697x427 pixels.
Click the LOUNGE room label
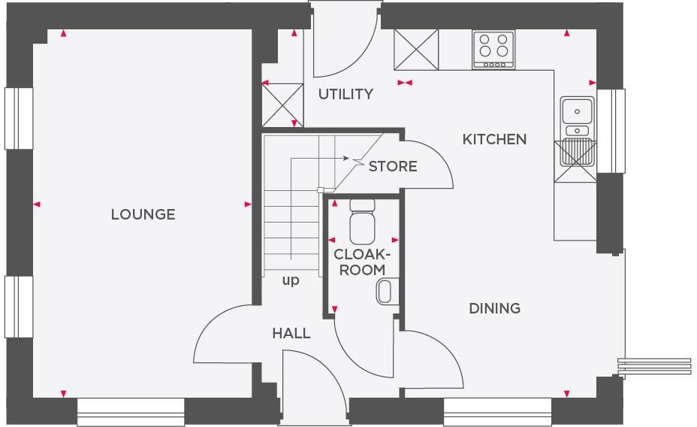[x=143, y=214]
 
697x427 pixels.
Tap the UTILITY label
[x=345, y=94]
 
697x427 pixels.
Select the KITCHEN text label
[x=494, y=139]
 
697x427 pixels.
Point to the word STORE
[x=392, y=166]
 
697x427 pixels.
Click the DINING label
[x=494, y=308]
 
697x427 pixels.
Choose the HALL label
[x=291, y=333]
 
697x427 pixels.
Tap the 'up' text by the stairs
[x=291, y=280]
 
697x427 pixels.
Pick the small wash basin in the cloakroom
[x=385, y=292]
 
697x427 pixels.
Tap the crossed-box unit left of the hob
[x=416, y=50]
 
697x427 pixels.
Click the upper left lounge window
[x=19, y=118]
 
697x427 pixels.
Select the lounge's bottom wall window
[x=131, y=411]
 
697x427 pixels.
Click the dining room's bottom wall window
[x=497, y=411]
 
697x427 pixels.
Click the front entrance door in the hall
[x=308, y=383]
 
